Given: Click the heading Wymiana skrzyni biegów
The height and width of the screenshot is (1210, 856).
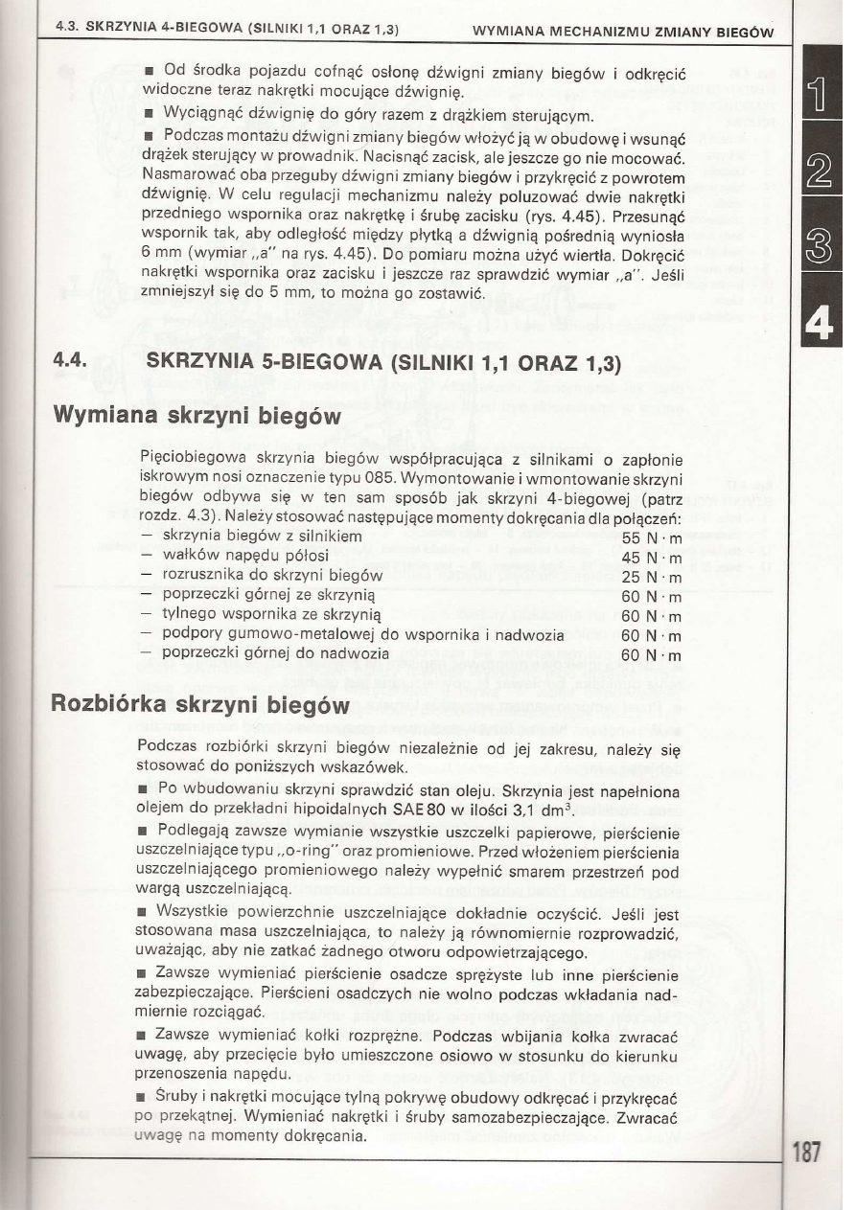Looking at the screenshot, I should pos(196,417).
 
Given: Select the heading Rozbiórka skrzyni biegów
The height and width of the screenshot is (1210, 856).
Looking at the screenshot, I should pos(197,706).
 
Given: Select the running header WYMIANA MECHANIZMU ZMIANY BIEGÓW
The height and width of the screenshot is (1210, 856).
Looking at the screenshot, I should pos(637,30).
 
